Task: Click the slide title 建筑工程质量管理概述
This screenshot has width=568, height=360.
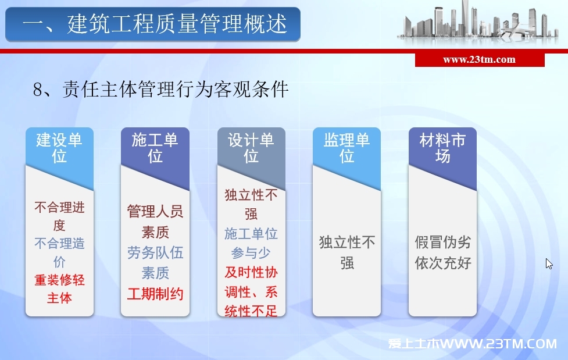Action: [x=177, y=24]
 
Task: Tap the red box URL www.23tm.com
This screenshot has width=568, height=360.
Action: [x=479, y=59]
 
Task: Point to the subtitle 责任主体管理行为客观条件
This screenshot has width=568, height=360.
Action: [x=176, y=89]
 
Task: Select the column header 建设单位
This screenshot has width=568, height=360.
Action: [x=59, y=148]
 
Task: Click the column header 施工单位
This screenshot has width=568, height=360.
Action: [x=155, y=148]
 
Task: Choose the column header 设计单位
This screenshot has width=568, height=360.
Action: [x=251, y=148]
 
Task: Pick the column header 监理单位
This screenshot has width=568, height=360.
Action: [x=346, y=148]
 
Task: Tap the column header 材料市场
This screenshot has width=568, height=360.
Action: [x=442, y=148]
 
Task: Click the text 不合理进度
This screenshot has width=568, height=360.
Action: [x=59, y=216]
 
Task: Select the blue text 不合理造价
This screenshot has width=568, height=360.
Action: [x=59, y=252]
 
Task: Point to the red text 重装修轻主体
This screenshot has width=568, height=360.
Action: [x=59, y=288]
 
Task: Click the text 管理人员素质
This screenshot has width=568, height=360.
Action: [x=155, y=222]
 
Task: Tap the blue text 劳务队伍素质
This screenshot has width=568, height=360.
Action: [x=155, y=263]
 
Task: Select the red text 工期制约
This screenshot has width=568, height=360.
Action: [x=155, y=294]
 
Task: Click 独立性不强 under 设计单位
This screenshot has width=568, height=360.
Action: [x=251, y=204]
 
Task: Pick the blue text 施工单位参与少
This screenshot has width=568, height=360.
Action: [x=251, y=243]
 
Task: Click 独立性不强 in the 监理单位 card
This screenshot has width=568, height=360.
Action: [x=346, y=252]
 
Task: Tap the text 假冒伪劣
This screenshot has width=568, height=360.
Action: [x=442, y=242]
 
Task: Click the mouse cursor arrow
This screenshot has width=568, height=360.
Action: [x=549, y=263]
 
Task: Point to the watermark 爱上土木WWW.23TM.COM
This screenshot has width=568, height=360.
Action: [x=473, y=343]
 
